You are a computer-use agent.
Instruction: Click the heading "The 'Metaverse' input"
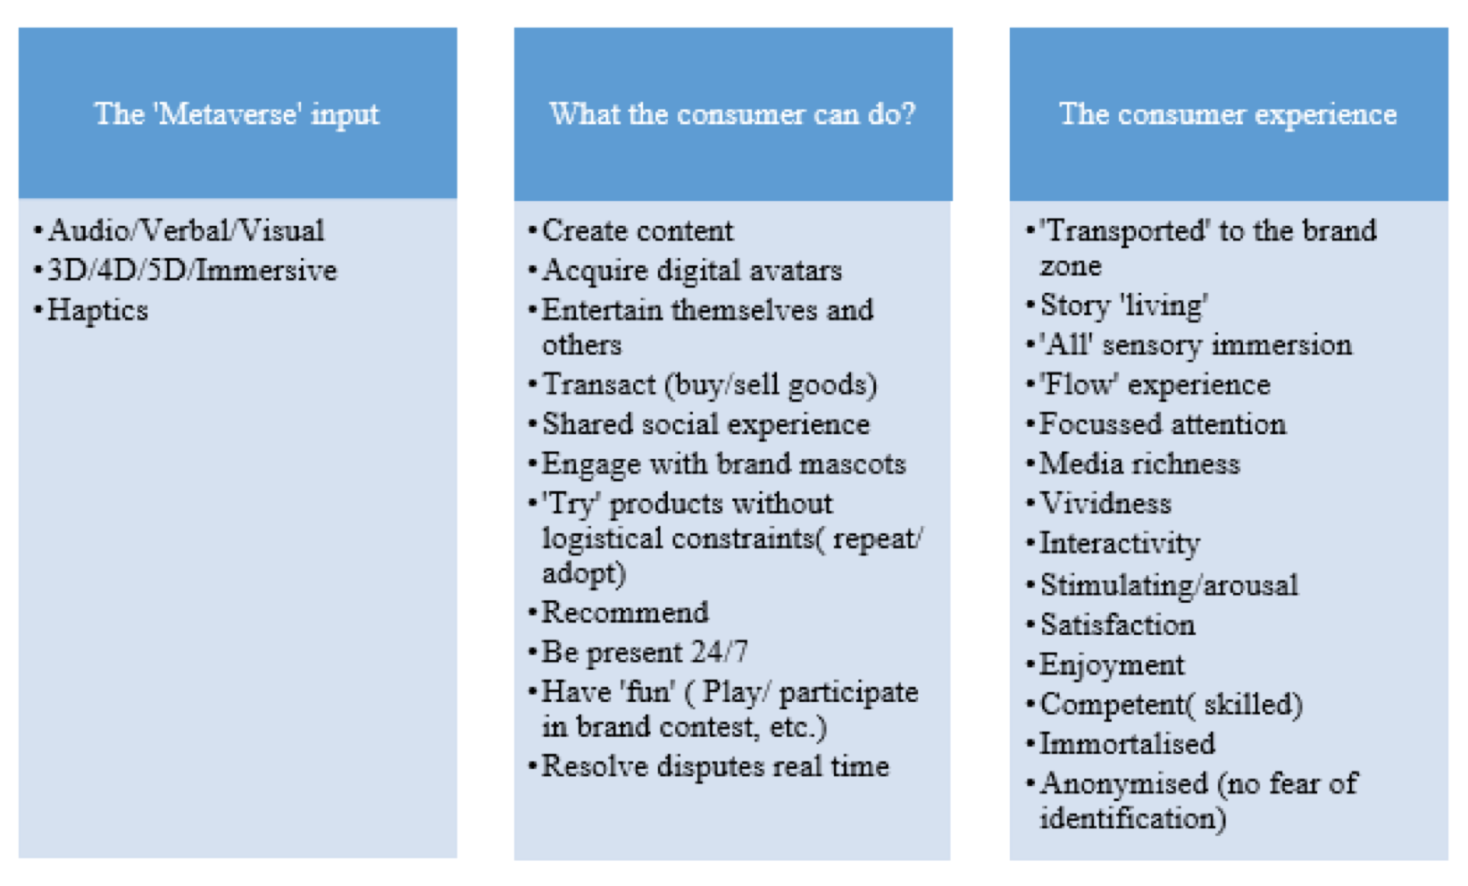[237, 114]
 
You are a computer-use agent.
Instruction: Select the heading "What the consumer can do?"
[732, 114]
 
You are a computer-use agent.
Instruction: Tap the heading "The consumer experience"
[1228, 114]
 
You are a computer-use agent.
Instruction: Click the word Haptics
[97, 311]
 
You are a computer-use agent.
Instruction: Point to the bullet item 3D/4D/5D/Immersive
[192, 270]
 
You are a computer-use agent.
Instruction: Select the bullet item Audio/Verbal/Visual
[186, 230]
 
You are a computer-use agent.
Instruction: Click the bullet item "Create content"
[638, 230]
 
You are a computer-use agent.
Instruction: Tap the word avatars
[796, 271]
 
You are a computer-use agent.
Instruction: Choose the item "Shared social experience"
[705, 424]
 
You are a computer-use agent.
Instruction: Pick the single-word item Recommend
[625, 613]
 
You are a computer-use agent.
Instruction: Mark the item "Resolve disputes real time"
[715, 766]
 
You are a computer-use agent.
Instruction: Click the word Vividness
[1105, 504]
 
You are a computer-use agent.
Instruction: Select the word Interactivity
[1120, 544]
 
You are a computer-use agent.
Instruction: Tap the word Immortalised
[1127, 744]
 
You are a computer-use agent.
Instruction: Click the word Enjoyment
[1112, 665]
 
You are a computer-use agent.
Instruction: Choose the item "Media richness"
[1140, 464]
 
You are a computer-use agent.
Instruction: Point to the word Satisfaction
[1118, 624]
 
